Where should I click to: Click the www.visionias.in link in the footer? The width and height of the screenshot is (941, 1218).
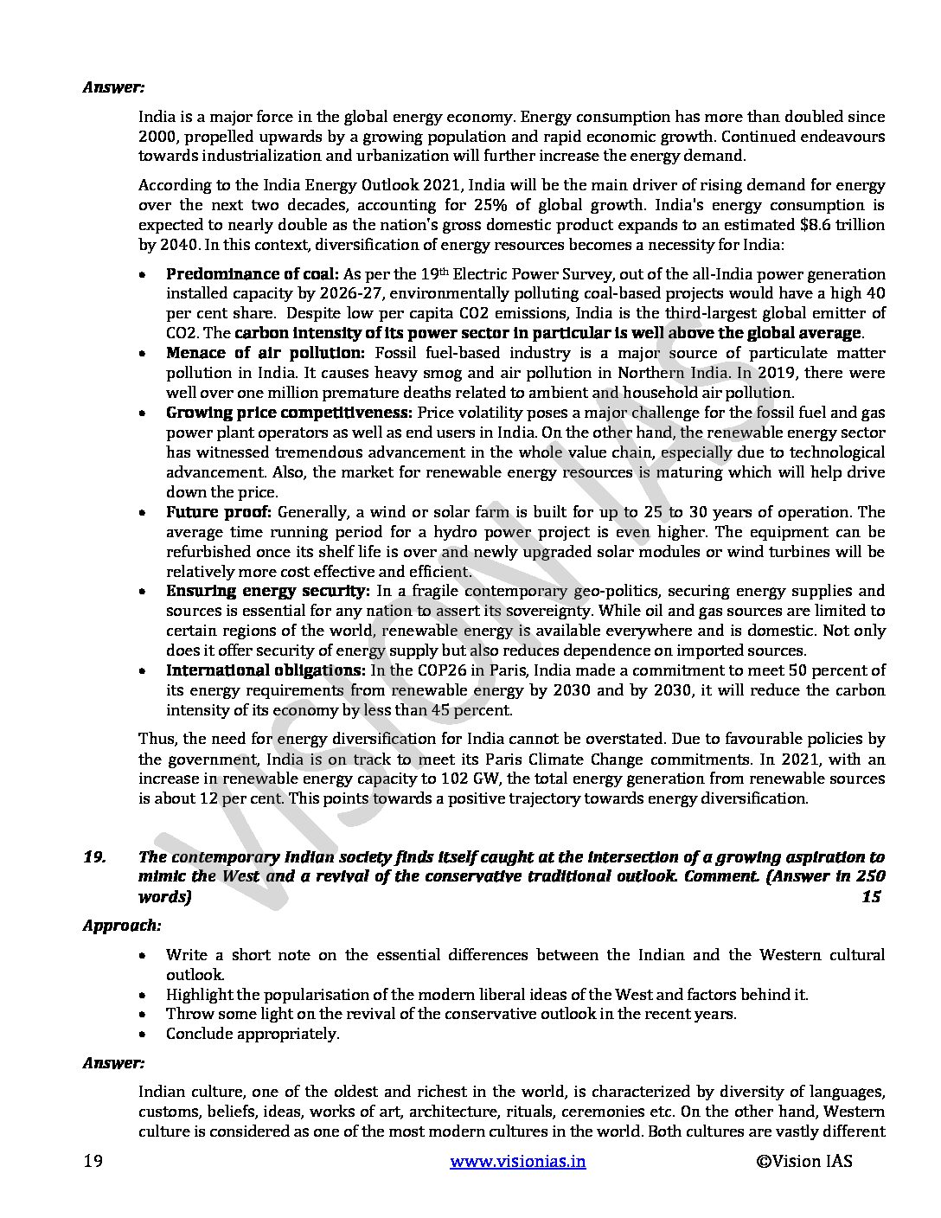[x=518, y=1161]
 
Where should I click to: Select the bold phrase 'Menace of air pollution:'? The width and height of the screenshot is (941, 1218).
[x=266, y=353]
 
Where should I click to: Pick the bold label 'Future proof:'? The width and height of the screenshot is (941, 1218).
[x=219, y=512]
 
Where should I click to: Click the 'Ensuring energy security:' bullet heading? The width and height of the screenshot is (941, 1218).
[x=268, y=591]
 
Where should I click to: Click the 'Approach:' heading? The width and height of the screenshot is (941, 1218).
[x=122, y=925]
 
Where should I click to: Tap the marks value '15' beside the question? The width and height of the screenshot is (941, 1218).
[x=871, y=896]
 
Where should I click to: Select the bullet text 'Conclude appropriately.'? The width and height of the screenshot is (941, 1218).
[x=253, y=1034]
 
